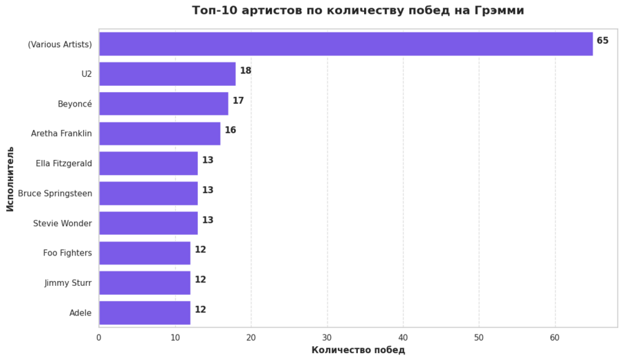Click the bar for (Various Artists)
(x=345, y=44)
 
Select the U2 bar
(x=167, y=73)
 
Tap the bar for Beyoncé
(x=163, y=103)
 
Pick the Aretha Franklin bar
(x=159, y=133)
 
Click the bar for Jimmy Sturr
(x=144, y=282)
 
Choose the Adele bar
(x=144, y=312)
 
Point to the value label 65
(x=602, y=41)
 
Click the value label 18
(x=245, y=71)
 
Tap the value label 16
(x=230, y=130)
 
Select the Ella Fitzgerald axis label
(x=64, y=163)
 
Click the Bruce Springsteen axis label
(x=55, y=193)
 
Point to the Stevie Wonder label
(x=62, y=224)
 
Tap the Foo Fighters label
(x=67, y=253)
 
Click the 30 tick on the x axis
(x=327, y=337)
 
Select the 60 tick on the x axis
(x=554, y=337)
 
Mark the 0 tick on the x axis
(x=99, y=337)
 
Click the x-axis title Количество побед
(x=358, y=350)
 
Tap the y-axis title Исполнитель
(x=10, y=179)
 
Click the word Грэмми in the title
(x=500, y=10)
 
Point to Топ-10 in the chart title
(x=211, y=10)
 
